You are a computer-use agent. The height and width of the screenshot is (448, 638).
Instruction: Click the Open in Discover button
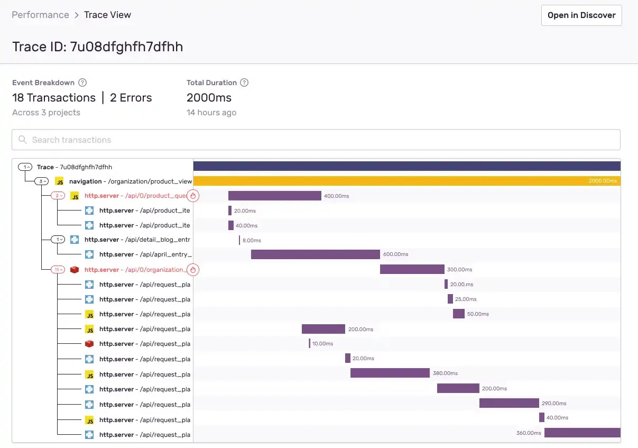click(x=581, y=15)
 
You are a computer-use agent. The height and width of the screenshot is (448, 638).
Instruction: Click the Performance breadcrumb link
click(x=40, y=15)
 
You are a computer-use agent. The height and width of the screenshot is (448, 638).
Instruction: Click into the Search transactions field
click(x=316, y=140)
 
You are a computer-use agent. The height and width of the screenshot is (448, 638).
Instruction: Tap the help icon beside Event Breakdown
click(x=82, y=83)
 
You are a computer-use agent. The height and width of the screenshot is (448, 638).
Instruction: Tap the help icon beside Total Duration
click(x=244, y=83)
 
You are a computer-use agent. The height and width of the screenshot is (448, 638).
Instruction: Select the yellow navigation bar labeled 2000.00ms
click(x=406, y=181)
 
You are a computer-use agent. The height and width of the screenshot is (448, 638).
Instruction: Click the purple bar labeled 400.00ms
click(x=274, y=196)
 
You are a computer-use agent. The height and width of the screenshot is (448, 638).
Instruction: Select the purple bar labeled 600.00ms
click(x=315, y=254)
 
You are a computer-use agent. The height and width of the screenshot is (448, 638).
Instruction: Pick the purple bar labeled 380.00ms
click(x=390, y=373)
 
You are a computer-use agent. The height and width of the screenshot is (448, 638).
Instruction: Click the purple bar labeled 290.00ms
click(x=509, y=403)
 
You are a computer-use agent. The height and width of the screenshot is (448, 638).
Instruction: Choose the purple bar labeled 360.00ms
click(x=582, y=433)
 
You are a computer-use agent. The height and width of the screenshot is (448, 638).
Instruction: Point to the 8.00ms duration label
click(x=252, y=240)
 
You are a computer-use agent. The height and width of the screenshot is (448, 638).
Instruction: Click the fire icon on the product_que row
click(x=193, y=196)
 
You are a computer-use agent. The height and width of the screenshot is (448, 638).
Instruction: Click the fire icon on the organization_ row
click(x=193, y=270)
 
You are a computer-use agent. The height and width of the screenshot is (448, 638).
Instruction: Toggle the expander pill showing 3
click(x=42, y=181)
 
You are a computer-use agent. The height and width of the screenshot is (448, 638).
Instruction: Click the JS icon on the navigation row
click(x=60, y=181)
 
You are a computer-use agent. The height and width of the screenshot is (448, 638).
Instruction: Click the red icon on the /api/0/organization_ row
click(x=75, y=270)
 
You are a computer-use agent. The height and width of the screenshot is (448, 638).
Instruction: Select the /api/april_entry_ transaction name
click(x=165, y=254)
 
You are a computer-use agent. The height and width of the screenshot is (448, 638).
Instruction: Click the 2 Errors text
click(x=131, y=98)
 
